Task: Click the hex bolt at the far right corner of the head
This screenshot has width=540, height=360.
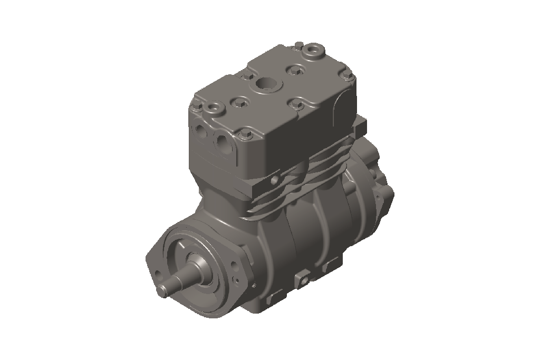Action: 349,77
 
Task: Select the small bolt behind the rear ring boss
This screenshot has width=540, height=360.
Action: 298,44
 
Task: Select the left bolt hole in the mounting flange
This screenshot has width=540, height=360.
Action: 157,273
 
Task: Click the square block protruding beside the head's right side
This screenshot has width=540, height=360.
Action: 360,124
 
